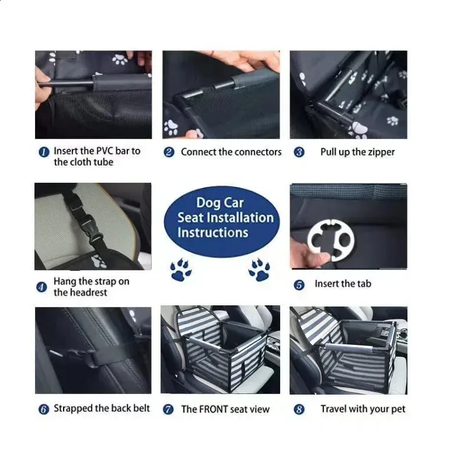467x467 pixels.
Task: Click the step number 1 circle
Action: coord(43,152)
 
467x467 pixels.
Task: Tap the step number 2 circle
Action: coord(169,152)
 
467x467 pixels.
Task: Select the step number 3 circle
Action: coord(299,152)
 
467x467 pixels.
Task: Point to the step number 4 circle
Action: coord(41,287)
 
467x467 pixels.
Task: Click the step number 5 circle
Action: coord(299,285)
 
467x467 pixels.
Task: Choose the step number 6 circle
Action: coord(43,409)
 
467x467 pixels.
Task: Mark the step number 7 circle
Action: coord(169,410)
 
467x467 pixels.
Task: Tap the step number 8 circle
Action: coord(299,410)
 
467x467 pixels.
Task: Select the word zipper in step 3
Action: coord(380,152)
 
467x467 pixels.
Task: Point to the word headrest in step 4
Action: coord(89,292)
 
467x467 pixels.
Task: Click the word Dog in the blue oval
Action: coord(208,203)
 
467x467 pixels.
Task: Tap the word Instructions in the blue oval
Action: coord(212,232)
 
